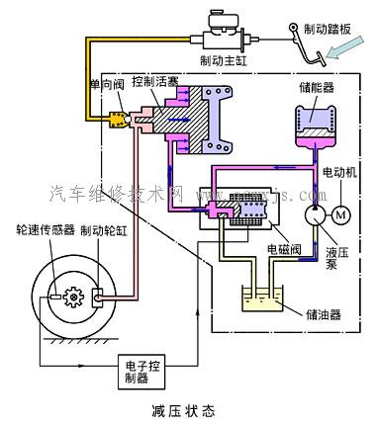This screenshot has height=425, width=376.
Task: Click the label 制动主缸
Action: (225, 60)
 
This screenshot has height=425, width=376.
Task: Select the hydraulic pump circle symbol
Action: (314, 212)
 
